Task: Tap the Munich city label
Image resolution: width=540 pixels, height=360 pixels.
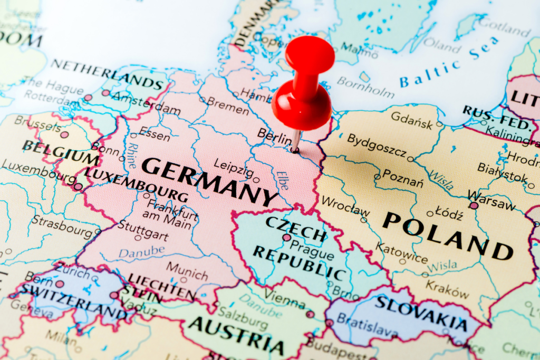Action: pyautogui.click(x=187, y=268)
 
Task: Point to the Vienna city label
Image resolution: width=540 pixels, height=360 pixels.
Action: pyautogui.click(x=285, y=299)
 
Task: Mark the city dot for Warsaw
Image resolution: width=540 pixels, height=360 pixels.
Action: pyautogui.click(x=474, y=206)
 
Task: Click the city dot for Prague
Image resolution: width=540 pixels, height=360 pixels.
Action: pyautogui.click(x=286, y=238)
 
